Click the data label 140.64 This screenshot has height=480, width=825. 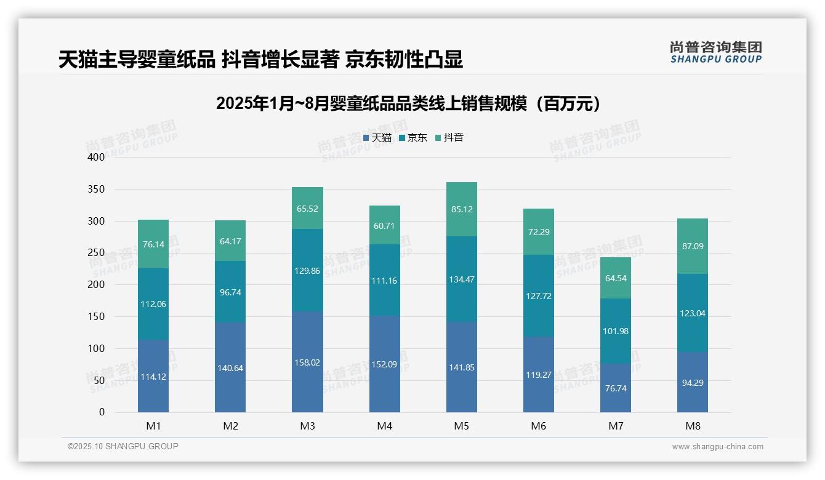coord(230,369)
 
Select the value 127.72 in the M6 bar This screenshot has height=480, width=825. coord(539,296)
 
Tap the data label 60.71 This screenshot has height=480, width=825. coord(385,226)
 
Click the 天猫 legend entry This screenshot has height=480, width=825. coord(377,138)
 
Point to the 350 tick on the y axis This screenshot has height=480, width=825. coord(96,189)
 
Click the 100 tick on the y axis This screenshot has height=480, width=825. coord(96,348)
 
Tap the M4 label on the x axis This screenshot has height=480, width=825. coord(385,426)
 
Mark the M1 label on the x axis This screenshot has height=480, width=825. coord(153,426)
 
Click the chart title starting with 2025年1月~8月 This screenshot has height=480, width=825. coord(408,103)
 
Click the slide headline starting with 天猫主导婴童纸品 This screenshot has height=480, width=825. coord(260,60)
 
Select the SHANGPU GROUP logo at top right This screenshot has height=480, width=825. coord(715,52)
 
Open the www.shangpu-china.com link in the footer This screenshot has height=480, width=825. coord(717,447)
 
